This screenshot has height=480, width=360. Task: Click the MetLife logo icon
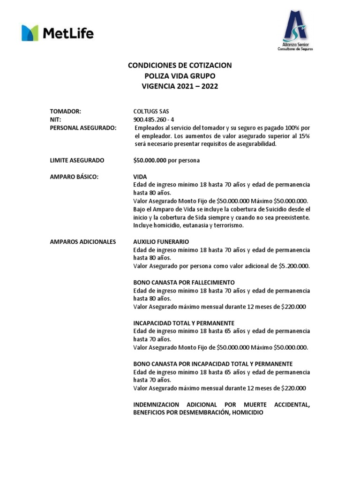click(30, 33)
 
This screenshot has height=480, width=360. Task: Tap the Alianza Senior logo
click(295, 30)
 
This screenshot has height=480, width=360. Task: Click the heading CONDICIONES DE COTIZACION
click(180, 66)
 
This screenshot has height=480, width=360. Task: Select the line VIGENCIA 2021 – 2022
click(180, 86)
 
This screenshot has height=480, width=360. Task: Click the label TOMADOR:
click(66, 112)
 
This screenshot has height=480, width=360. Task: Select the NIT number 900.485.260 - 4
click(154, 120)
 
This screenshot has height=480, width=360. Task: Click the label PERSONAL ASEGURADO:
click(83, 128)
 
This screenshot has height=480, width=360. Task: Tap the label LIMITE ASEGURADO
click(77, 160)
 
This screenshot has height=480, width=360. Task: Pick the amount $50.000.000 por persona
click(166, 160)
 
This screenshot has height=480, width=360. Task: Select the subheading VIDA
click(140, 177)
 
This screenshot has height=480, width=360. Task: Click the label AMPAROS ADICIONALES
click(83, 242)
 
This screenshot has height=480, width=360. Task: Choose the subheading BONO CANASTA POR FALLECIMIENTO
click(184, 283)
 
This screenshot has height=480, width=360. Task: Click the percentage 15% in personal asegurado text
click(304, 136)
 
